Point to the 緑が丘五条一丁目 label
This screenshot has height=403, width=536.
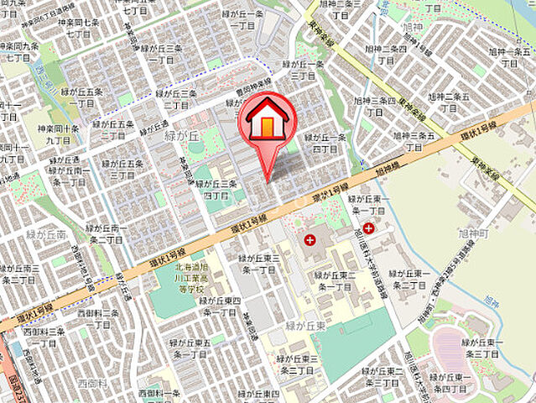tap(81, 97)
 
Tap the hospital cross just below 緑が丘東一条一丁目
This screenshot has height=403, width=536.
tap(368, 228)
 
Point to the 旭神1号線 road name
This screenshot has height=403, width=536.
tap(386, 170)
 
